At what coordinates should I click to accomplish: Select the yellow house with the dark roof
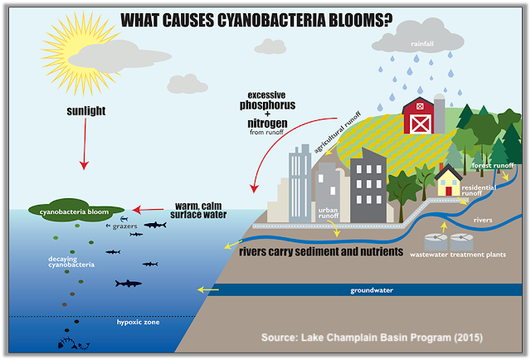pyautogui.click(x=448, y=180)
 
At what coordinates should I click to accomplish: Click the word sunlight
pyautogui.click(x=86, y=111)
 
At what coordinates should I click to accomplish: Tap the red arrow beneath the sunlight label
pyautogui.click(x=85, y=144)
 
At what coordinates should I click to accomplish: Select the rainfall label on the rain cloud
pyautogui.click(x=422, y=44)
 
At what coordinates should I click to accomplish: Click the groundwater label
pyautogui.click(x=372, y=290)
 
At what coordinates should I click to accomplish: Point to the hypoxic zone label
pyautogui.click(x=139, y=322)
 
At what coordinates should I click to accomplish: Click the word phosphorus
pyautogui.click(x=267, y=105)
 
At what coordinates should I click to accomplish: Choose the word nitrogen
pyautogui.click(x=267, y=123)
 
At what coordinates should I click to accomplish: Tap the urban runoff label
pyautogui.click(x=329, y=213)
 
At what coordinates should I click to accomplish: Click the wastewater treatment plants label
pyautogui.click(x=458, y=255)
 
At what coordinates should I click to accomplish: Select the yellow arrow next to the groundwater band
pyautogui.click(x=208, y=289)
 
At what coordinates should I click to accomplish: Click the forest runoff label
pyautogui.click(x=493, y=165)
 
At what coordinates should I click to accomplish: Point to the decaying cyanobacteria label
pyautogui.click(x=71, y=262)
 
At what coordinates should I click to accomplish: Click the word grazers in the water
pyautogui.click(x=124, y=226)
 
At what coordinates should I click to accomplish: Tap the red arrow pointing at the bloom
pyautogui.click(x=148, y=210)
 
